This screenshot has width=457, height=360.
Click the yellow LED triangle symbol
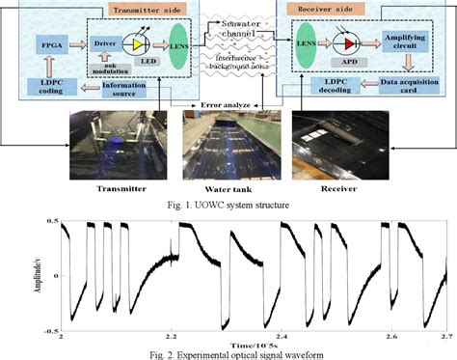tap(141, 44)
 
